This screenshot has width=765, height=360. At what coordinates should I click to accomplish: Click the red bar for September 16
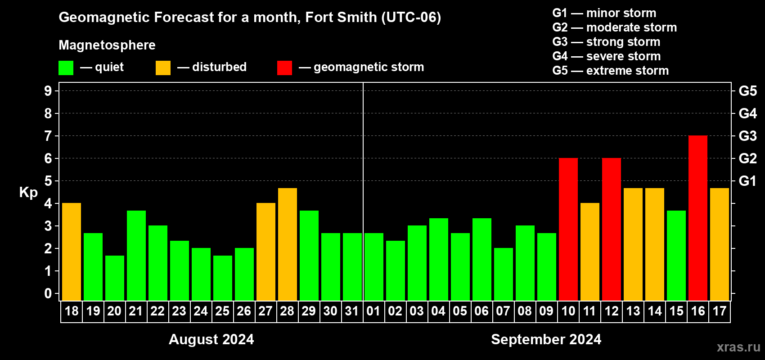pyautogui.click(x=698, y=218)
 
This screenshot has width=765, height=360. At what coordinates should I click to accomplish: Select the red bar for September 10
pyautogui.click(x=568, y=229)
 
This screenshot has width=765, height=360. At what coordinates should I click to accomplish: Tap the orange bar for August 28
pyautogui.click(x=288, y=244)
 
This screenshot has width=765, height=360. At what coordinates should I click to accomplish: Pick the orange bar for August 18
pyautogui.click(x=72, y=252)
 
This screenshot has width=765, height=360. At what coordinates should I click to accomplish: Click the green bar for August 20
pyautogui.click(x=115, y=278)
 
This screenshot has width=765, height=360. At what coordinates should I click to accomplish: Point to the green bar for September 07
pyautogui.click(x=504, y=274)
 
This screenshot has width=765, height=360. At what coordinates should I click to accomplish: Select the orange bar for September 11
pyautogui.click(x=590, y=252)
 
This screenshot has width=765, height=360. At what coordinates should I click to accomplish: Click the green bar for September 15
pyautogui.click(x=676, y=255)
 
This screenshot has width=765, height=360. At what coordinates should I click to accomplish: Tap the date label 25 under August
pyautogui.click(x=222, y=311)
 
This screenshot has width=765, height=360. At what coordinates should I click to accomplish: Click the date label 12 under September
pyautogui.click(x=612, y=311)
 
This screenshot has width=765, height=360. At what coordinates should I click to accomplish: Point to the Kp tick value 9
pyautogui.click(x=48, y=91)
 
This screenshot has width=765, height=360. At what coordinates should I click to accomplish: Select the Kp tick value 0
pyautogui.click(x=48, y=294)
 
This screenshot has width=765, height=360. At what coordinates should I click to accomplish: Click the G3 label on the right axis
pyautogui.click(x=747, y=136)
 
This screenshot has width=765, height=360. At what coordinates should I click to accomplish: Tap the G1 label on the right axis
pyautogui.click(x=747, y=181)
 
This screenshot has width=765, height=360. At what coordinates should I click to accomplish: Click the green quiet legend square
pyautogui.click(x=66, y=68)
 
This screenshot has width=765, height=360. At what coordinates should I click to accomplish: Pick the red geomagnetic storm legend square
pyautogui.click(x=284, y=68)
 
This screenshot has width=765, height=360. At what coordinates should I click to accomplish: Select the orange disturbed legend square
pyautogui.click(x=163, y=68)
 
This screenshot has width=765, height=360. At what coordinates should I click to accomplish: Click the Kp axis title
pyautogui.click(x=28, y=193)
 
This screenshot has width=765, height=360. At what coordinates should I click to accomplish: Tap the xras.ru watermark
pyautogui.click(x=738, y=347)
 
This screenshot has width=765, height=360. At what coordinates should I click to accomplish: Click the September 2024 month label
pyautogui.click(x=546, y=339)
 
